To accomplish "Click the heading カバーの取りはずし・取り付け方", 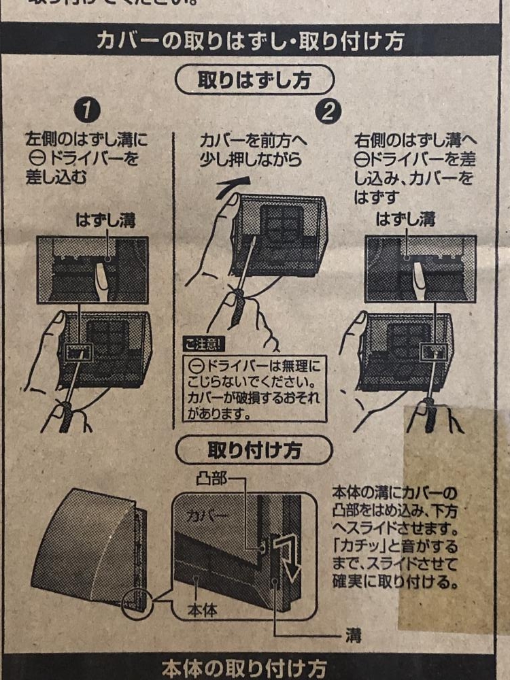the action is (x=250, y=41).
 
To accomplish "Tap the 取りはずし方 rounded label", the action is (x=254, y=80).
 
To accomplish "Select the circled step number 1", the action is (x=87, y=111).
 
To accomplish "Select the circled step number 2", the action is (x=328, y=112).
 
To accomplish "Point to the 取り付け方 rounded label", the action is (x=254, y=450).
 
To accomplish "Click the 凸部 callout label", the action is (x=211, y=479).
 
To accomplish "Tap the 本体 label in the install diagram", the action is (x=202, y=610).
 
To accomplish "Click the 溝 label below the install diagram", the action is (x=354, y=635).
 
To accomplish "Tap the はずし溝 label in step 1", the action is (x=106, y=220).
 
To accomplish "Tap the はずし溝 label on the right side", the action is (x=405, y=220).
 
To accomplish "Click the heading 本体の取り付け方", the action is (x=244, y=668).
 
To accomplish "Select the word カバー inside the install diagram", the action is (x=207, y=515).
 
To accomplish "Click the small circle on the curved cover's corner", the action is (x=137, y=602).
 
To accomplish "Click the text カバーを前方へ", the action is (x=253, y=141).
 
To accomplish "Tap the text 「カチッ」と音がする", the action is (x=394, y=546).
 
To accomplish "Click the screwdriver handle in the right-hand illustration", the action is (x=430, y=415).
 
